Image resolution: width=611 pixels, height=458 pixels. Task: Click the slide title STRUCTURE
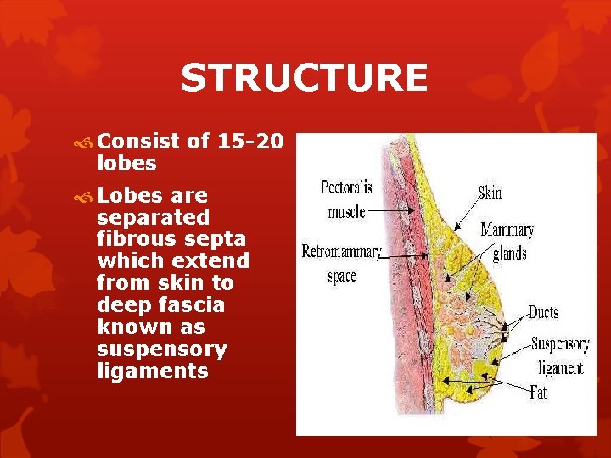pyautogui.click(x=304, y=79)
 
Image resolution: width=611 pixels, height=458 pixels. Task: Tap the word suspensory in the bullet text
pyautogui.click(x=162, y=349)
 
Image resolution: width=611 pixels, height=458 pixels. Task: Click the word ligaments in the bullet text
pyautogui.click(x=153, y=371)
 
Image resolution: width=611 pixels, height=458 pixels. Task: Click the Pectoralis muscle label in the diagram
pyautogui.click(x=346, y=198)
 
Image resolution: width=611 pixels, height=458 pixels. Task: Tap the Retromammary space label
pyautogui.click(x=342, y=263)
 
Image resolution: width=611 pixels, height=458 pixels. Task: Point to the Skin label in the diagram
pyautogui.click(x=490, y=193)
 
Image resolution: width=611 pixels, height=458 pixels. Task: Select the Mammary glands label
pyautogui.click(x=507, y=241)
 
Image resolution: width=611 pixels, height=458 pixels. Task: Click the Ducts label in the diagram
pyautogui.click(x=543, y=312)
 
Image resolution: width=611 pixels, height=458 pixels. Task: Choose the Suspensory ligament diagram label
pyautogui.click(x=559, y=355)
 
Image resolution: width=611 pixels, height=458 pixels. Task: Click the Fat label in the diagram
pyautogui.click(x=538, y=393)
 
